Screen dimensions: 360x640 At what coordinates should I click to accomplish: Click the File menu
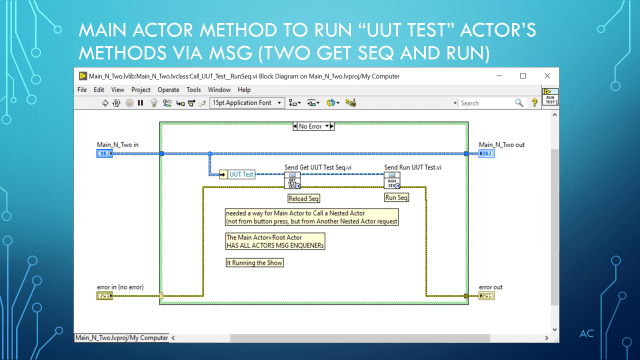[82, 88]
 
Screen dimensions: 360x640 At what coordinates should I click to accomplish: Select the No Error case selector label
[318, 126]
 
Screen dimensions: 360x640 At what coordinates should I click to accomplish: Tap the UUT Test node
[240, 174]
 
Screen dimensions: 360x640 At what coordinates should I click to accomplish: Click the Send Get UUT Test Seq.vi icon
[292, 181]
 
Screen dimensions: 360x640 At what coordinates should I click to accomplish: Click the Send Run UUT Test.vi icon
[392, 181]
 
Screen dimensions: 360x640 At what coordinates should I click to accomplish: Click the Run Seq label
[397, 199]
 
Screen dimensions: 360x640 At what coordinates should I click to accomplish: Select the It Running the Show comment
[250, 262]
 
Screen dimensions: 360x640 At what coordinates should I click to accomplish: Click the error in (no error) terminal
[105, 296]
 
